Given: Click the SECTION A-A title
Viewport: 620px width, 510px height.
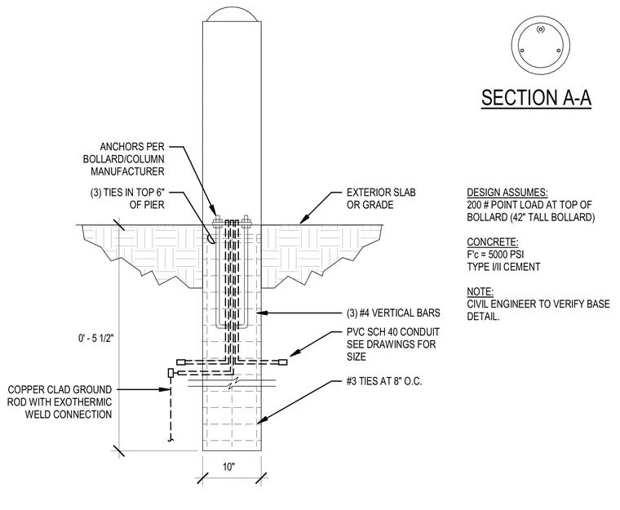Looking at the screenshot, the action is pos(536,97).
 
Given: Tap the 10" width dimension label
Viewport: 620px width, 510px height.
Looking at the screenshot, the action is pos(228,467).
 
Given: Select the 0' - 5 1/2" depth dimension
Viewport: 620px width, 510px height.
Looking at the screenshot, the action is pos(95,339).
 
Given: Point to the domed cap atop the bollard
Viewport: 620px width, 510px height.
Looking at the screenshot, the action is pos(232,15).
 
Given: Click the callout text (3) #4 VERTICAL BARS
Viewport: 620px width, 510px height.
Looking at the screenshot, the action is pos(393,313).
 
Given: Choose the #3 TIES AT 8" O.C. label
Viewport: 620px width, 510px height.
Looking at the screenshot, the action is pos(384,381).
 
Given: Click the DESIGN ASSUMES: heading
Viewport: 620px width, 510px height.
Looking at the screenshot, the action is pos(507,193).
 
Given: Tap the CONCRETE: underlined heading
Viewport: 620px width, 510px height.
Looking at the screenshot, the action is pos(492,242).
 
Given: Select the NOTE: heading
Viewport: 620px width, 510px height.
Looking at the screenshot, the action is pos(480,291).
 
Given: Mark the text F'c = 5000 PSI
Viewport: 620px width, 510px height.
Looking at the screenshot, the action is pos(495,254).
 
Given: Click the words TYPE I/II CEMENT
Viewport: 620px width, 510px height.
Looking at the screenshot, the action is pos(503,267).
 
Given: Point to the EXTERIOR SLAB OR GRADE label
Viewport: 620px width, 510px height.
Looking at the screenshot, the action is pos(381,198).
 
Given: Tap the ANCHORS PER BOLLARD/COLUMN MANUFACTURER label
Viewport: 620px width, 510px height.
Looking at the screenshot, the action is pos(124,159).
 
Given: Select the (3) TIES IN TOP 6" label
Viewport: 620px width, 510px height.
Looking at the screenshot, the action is pos(127,198).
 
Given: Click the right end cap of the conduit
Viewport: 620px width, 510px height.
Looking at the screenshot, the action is pos(283,362).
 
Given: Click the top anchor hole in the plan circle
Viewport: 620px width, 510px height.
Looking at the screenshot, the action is pos(541,29).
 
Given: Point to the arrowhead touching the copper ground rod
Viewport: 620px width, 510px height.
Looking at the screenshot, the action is pos(165,389).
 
